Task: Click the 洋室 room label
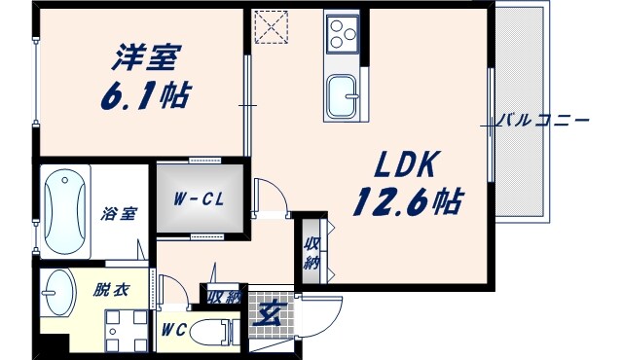point(145,57)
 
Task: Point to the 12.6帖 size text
point(408,201)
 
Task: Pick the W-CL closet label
point(196,200)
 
